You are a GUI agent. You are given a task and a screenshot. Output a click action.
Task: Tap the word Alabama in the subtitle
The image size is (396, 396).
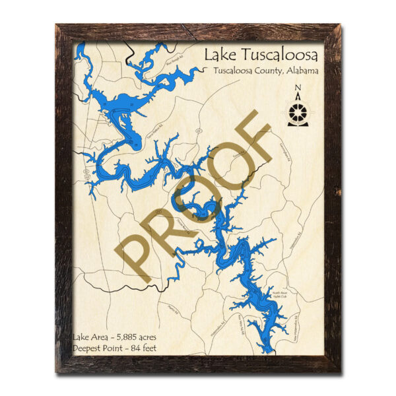[x=300, y=70]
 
